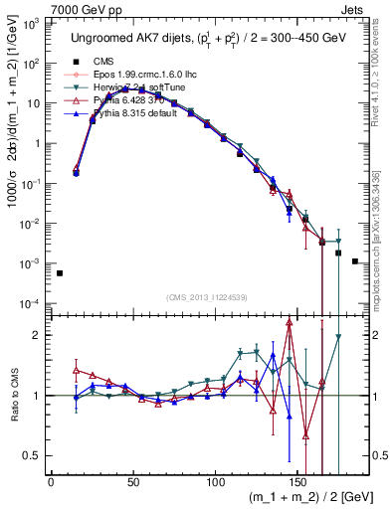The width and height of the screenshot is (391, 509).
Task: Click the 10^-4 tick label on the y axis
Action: click(x=32, y=303)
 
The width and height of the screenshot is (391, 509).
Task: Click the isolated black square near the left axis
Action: click(x=60, y=273)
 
